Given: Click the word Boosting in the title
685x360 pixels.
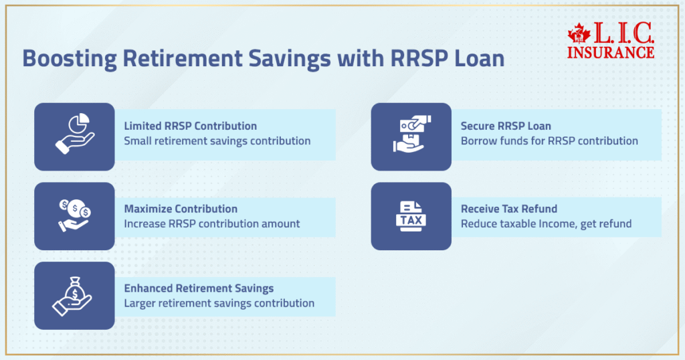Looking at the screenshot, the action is [70, 59].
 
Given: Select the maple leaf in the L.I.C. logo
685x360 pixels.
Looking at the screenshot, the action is [579, 33].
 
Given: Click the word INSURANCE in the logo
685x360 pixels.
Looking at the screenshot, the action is [610, 52].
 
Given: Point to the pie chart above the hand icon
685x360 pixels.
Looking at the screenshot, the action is [80, 122].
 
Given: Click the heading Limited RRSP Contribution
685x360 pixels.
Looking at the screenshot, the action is [190, 126].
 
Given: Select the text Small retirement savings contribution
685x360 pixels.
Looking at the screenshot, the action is [217, 141].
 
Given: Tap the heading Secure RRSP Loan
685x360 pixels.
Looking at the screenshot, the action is [506, 126].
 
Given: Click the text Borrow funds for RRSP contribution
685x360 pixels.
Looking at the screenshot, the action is [549, 141].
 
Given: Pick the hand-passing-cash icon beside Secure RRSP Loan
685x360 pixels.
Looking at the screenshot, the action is [411, 134].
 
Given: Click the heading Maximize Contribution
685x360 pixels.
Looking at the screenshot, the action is [181, 209].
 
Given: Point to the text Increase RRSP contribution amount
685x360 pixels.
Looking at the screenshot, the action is [212, 223].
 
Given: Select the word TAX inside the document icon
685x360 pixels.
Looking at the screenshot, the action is [411, 220].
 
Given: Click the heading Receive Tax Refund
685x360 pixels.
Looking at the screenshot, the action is [509, 209].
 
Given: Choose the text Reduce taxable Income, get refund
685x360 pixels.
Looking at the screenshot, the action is [546, 223].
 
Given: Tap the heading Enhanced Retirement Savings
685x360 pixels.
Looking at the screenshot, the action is [199, 288].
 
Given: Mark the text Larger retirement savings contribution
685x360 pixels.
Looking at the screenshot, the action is [219, 303].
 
